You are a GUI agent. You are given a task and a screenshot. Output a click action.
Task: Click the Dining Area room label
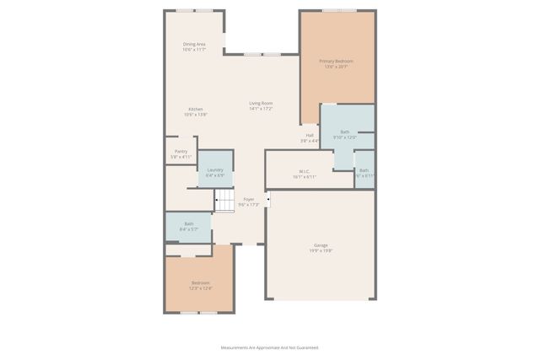pos(195,44)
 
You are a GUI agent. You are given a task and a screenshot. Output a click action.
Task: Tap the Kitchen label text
pos(195,110)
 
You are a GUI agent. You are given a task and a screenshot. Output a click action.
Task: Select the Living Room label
pos(261,103)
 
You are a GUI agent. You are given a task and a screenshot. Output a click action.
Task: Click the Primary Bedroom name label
pos(336,62)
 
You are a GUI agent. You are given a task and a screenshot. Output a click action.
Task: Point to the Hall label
pos(310,135)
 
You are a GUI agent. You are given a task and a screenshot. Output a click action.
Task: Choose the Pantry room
pos(181,152)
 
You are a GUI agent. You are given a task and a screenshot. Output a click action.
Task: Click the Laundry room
pos(215,169)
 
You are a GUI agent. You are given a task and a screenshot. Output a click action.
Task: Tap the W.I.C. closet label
pos(305,170)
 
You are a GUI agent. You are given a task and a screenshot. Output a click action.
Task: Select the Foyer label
pos(249,200)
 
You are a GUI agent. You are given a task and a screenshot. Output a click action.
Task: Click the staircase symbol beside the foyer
pos(224,201)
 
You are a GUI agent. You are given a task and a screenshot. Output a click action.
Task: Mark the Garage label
pos(321,245)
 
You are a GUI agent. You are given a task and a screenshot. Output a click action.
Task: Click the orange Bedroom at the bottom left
pos(200,285)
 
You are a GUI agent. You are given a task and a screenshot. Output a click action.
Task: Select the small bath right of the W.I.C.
pos(364,172)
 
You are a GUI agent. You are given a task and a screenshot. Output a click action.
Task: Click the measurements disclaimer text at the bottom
pos(269,347)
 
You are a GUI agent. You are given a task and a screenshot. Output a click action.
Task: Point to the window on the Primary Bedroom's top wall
pos(338,11)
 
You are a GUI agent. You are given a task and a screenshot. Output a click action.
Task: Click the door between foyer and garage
pos(267,200)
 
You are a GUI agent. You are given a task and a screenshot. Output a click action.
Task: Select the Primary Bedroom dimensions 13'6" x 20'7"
pos(336,67)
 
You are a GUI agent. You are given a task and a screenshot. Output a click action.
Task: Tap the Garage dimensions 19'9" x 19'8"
pos(321,250)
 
